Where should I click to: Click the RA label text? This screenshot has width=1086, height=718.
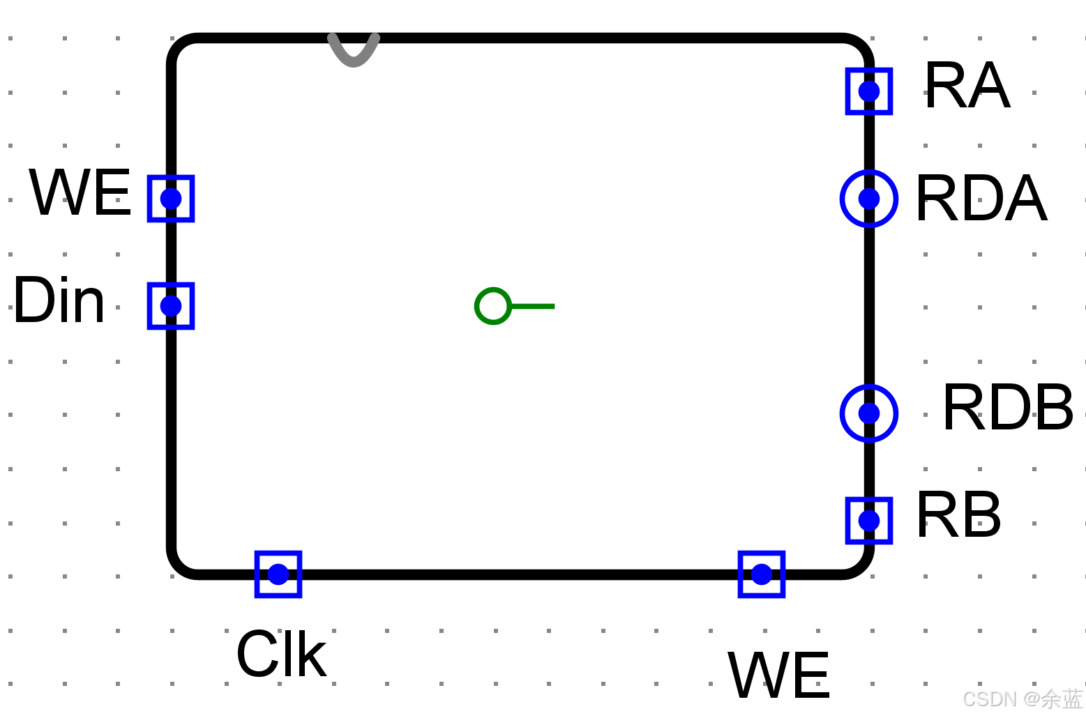pyautogui.click(x=967, y=86)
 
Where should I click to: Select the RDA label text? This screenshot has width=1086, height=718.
pyautogui.click(x=981, y=199)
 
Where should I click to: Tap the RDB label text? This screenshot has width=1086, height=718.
pyautogui.click(x=1007, y=408)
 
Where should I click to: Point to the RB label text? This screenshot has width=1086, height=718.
pyautogui.click(x=958, y=516)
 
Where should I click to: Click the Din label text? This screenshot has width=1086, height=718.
pyautogui.click(x=59, y=301)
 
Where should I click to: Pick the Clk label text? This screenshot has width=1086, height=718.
pyautogui.click(x=282, y=655)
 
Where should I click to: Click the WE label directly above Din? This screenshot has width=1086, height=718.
pyautogui.click(x=80, y=193)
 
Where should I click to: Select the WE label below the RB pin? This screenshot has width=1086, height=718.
pyautogui.click(x=779, y=675)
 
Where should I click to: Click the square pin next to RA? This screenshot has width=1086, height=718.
pyautogui.click(x=869, y=91)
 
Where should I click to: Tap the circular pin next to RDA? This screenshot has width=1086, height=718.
pyautogui.click(x=869, y=199)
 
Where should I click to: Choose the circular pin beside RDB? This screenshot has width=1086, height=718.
pyautogui.click(x=869, y=413)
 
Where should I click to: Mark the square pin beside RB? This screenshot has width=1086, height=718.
pyautogui.click(x=869, y=521)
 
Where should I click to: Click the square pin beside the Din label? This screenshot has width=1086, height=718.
pyautogui.click(x=171, y=306)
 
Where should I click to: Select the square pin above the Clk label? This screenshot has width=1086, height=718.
pyautogui.click(x=278, y=574)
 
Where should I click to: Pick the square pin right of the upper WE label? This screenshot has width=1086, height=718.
pyautogui.click(x=171, y=199)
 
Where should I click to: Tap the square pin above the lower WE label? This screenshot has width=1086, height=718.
pyautogui.click(x=762, y=574)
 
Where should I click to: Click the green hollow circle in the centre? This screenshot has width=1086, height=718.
pyautogui.click(x=493, y=306)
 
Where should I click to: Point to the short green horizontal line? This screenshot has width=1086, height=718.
pyautogui.click(x=533, y=306)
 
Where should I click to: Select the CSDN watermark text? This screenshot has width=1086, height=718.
pyautogui.click(x=1022, y=698)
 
